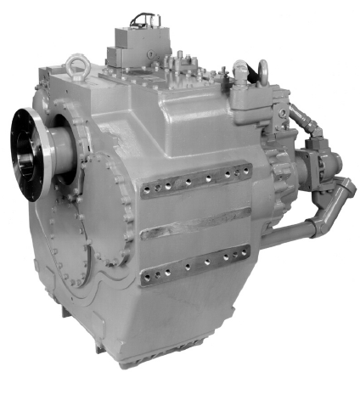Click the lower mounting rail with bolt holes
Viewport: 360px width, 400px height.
[x=195, y=262]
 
